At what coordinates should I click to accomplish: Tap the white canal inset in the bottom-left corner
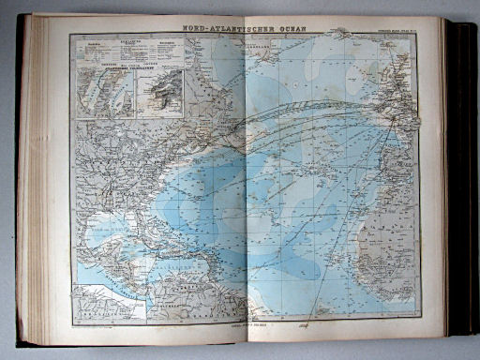click(x=110, y=303)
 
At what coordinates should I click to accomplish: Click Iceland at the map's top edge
click(x=349, y=39)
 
